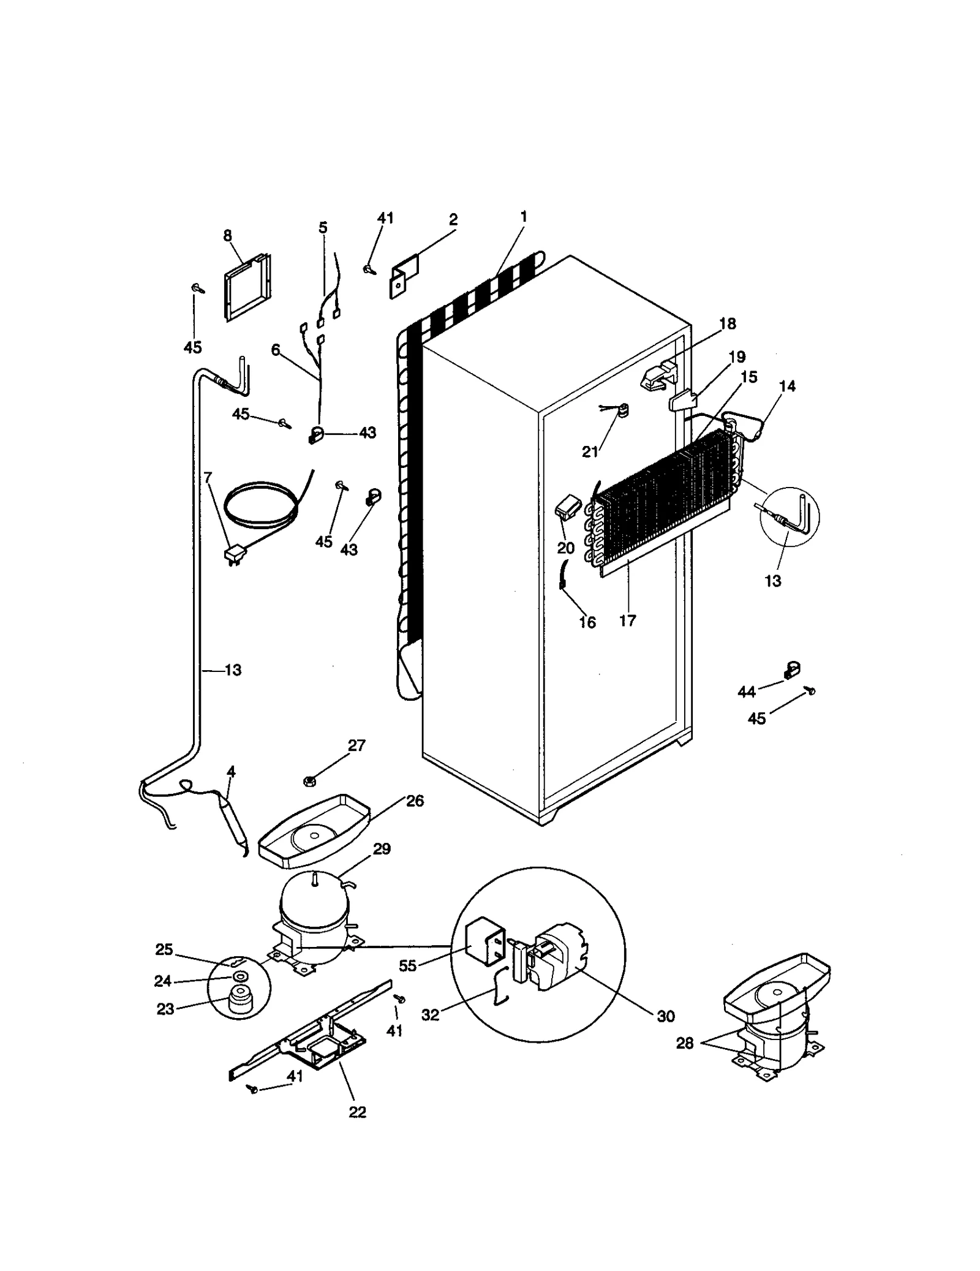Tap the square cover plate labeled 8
[246, 288]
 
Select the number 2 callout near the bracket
[453, 219]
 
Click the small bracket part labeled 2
[404, 277]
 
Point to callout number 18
[727, 323]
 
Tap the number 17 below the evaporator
[627, 620]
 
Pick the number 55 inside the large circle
[407, 966]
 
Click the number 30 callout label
[665, 1016]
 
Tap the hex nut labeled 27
[309, 781]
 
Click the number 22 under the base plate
[357, 1112]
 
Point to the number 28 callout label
[684, 1043]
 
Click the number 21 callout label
[589, 451]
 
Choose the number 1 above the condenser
[523, 216]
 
